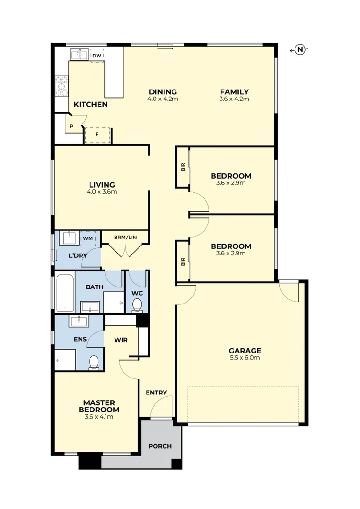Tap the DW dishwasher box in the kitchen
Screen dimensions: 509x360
[97, 56]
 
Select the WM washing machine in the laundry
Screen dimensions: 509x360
[88, 238]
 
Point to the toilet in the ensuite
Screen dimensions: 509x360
[94, 362]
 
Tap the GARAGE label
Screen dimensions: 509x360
[245, 351]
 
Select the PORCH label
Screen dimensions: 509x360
[160, 446]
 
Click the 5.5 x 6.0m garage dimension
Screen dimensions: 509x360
[245, 358]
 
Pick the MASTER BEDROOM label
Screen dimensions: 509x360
[99, 406]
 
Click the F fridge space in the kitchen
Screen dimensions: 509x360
[98, 134]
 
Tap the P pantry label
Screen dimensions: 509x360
[71, 126]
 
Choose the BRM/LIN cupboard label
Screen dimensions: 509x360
[125, 237]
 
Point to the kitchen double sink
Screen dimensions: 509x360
[79, 55]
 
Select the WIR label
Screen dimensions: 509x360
[121, 340]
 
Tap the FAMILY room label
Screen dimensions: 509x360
[234, 92]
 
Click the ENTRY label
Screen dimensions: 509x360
[156, 393]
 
